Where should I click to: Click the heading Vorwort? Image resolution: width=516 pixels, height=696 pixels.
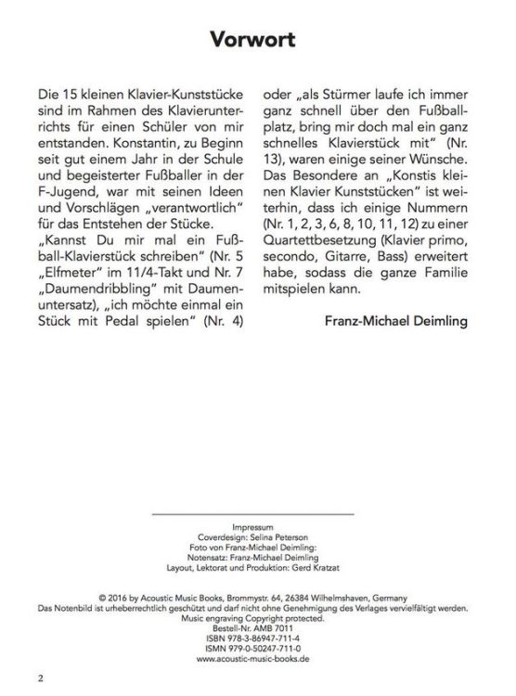(x=257, y=40)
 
